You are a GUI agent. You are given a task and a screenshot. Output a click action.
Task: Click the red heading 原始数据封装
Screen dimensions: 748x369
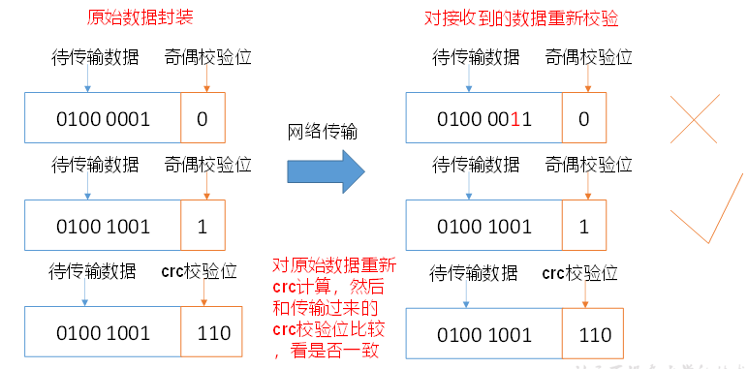[x=140, y=17]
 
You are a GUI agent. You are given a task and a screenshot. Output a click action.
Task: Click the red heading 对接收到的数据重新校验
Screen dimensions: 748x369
[x=521, y=18]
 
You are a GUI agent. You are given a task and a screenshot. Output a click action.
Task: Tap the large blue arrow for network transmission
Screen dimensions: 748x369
[x=326, y=171]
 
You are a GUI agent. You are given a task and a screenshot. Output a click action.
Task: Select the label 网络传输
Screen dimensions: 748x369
[x=323, y=133]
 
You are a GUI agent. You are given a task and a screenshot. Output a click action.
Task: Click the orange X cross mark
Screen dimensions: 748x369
[x=695, y=119]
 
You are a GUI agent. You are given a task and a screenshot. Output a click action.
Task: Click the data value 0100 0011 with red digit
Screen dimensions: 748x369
[x=484, y=119]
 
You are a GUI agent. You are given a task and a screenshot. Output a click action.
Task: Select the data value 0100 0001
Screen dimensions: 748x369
[x=103, y=119]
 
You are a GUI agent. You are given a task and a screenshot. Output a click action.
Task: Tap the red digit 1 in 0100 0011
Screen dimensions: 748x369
[x=514, y=119]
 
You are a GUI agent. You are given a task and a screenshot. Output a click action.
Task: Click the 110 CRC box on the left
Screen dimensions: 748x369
[x=211, y=331]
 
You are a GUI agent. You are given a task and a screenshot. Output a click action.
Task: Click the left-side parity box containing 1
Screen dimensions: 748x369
[x=203, y=225]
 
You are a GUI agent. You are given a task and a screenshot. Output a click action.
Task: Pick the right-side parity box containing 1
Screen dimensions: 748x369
[x=584, y=225]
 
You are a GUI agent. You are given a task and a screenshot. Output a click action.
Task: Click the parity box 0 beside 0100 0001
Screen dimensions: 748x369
[x=203, y=118]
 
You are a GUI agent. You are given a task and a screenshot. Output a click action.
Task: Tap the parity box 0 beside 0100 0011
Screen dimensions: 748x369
[x=584, y=118]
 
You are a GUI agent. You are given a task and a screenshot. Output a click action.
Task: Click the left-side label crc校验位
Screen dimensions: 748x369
[x=199, y=272]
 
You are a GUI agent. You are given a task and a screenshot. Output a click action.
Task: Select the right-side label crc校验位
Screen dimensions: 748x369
[x=580, y=274]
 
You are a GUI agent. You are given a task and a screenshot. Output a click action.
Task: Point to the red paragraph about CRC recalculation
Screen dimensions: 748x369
[x=334, y=308]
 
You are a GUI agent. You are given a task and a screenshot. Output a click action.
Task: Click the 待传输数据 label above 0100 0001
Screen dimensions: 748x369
[x=95, y=58]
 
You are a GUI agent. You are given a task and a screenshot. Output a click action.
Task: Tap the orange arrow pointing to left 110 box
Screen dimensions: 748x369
[x=203, y=292]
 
